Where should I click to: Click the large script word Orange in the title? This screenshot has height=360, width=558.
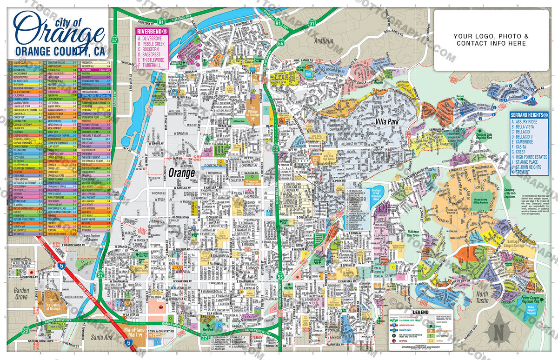(x=58, y=31)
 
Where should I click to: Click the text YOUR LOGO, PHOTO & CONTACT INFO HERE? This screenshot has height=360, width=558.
(x=491, y=40)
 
